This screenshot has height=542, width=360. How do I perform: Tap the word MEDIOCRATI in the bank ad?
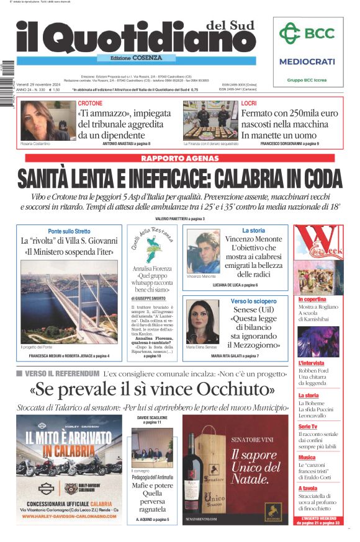coord(307,61)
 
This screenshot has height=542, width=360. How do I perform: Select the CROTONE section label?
coord(91,103)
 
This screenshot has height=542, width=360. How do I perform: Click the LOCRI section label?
coord(249,103)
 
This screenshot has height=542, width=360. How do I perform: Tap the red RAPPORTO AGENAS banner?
coord(179,159)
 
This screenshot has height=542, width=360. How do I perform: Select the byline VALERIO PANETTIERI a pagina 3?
coord(179,219)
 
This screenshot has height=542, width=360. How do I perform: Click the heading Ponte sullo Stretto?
coord(69,231)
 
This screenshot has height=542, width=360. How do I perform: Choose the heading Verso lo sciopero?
coord(253,301)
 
